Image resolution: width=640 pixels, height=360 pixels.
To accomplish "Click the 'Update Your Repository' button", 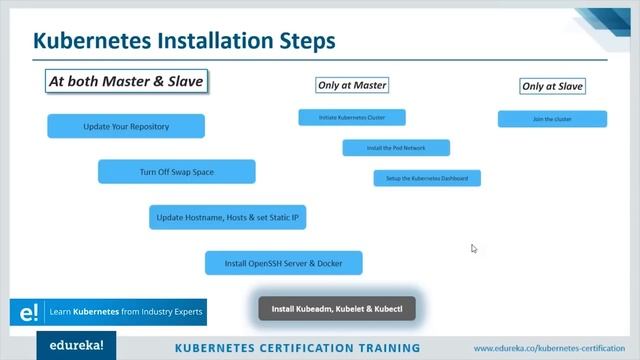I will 126,126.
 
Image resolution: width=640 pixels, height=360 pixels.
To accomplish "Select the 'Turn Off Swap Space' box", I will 176,172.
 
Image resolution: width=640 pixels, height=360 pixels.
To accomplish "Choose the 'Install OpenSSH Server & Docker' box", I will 283,263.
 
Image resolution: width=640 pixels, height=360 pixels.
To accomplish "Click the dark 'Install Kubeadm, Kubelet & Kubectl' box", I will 336,308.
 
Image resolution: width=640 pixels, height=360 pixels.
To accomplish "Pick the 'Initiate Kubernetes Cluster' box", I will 351,118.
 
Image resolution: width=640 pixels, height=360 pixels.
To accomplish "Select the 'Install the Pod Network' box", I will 396,148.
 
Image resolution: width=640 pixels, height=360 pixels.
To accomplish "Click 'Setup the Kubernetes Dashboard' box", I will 427,178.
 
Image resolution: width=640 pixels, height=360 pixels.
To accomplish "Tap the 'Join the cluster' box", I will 552,119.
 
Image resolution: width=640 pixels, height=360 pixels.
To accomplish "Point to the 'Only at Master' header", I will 351,85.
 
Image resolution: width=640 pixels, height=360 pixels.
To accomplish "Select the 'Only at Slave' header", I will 552,86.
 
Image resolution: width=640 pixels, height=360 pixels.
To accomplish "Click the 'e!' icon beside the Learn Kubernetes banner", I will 22,312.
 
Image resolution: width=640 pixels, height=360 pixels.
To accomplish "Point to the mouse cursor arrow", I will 474,248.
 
